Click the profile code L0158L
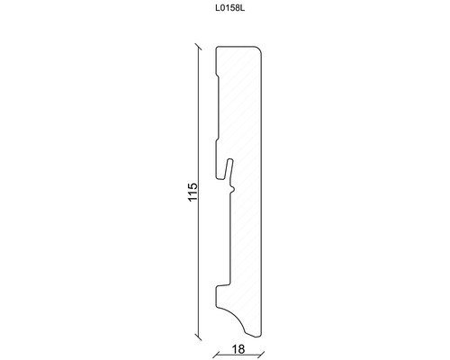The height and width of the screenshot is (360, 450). [230, 8]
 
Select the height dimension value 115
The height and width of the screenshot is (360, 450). [193, 192]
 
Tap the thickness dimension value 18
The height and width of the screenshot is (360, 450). [238, 349]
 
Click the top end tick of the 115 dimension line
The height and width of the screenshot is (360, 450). [198, 47]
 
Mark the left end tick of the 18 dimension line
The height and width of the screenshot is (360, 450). [216, 355]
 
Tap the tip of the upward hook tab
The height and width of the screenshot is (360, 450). [230, 159]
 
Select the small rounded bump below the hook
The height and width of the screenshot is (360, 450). [233, 189]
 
